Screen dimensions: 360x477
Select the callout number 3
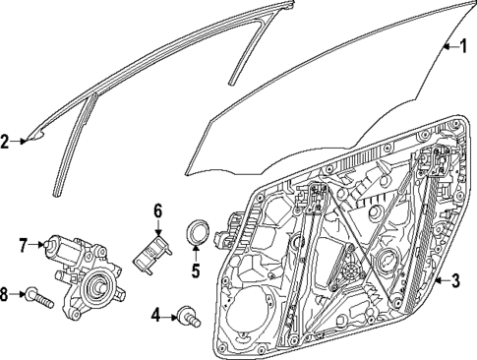(455, 281)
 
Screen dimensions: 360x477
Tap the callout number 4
(156, 316)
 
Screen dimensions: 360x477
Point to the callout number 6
(156, 210)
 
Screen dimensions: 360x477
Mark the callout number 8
(6, 292)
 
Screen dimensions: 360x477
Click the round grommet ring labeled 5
(198, 233)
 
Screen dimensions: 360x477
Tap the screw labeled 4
(185, 316)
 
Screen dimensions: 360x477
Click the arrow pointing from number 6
(156, 227)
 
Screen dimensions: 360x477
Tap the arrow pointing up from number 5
(196, 252)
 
